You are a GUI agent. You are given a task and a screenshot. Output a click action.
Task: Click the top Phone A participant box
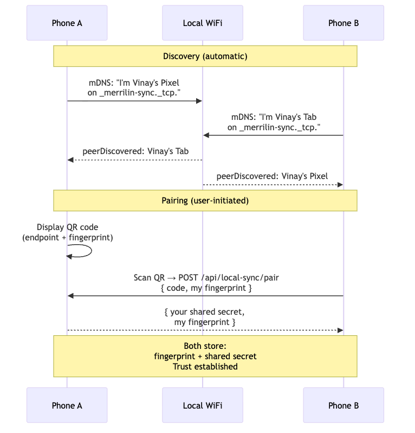click(67, 23)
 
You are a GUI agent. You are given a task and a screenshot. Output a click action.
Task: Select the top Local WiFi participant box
click(203, 23)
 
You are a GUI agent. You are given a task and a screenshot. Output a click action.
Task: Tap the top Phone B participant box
click(343, 23)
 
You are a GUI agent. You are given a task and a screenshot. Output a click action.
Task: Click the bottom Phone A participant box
click(67, 405)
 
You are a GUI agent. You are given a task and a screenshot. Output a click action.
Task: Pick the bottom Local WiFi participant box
click(203, 405)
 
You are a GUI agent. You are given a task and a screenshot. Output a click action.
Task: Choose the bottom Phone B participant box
click(343, 405)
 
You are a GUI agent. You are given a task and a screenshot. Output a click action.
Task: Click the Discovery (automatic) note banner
click(205, 56)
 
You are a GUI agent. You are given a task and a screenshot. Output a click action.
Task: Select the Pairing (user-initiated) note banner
click(205, 201)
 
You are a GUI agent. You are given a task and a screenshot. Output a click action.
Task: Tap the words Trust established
click(205, 367)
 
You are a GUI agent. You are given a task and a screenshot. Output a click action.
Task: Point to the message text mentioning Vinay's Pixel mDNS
click(134, 88)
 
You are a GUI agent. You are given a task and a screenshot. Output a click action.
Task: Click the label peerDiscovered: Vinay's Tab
click(135, 151)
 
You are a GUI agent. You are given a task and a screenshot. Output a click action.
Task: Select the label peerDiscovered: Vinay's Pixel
click(272, 176)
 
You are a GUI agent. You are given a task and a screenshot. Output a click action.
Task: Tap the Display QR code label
click(68, 227)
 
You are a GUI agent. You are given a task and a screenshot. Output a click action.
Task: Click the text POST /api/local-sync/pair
click(228, 278)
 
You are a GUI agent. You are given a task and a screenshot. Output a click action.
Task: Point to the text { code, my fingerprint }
click(206, 288)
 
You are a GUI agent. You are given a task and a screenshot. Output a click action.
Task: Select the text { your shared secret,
click(205, 312)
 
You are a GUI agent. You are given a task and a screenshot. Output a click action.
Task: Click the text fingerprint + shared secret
click(205, 356)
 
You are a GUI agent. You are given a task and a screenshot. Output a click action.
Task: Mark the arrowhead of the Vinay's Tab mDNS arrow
click(206, 135)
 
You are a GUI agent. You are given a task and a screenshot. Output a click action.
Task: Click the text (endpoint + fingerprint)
click(68, 238)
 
